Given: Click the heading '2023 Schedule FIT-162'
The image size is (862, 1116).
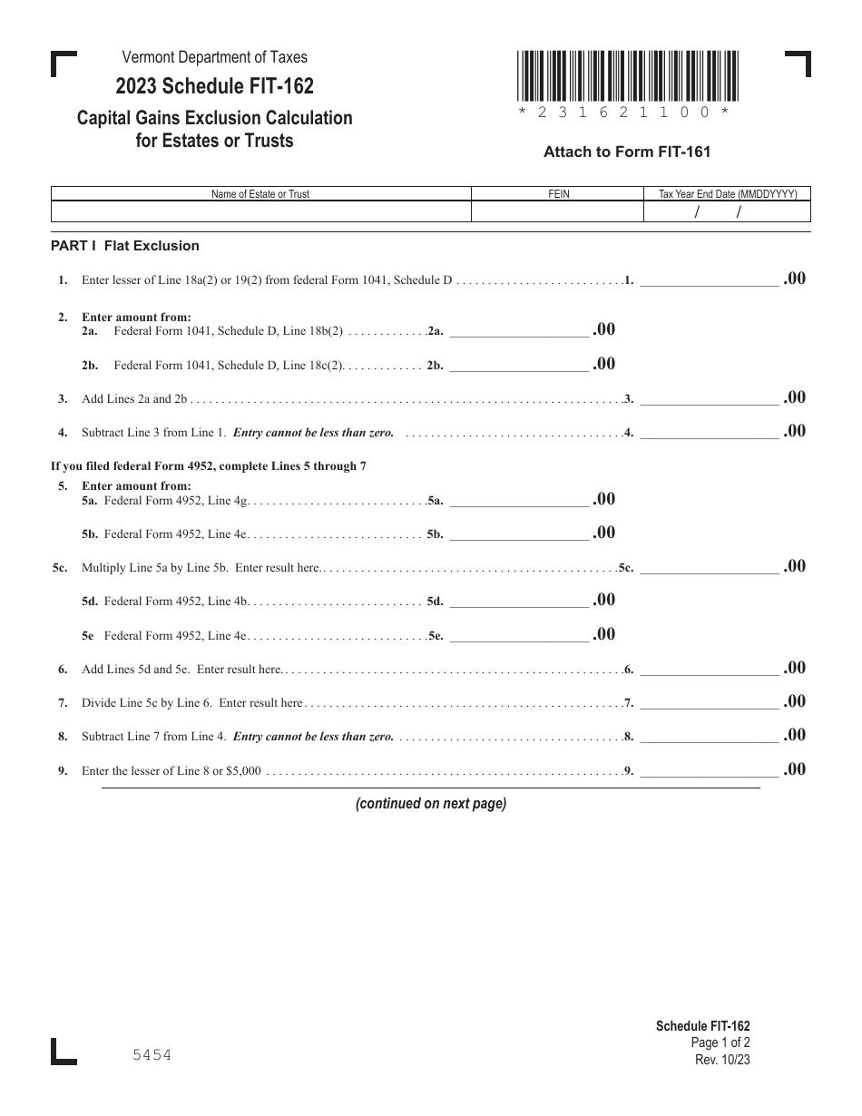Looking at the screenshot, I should click(x=214, y=86).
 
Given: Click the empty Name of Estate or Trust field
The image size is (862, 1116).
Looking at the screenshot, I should click(x=260, y=211).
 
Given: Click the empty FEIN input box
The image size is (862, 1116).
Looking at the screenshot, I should click(x=557, y=211).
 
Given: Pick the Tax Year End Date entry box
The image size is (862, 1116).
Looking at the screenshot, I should click(x=727, y=211).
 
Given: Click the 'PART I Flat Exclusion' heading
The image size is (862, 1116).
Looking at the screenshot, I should click(x=125, y=246).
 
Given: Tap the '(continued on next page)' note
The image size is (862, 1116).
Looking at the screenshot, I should click(x=430, y=803).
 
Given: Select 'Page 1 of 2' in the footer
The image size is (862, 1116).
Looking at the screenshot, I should click(x=720, y=1043).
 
